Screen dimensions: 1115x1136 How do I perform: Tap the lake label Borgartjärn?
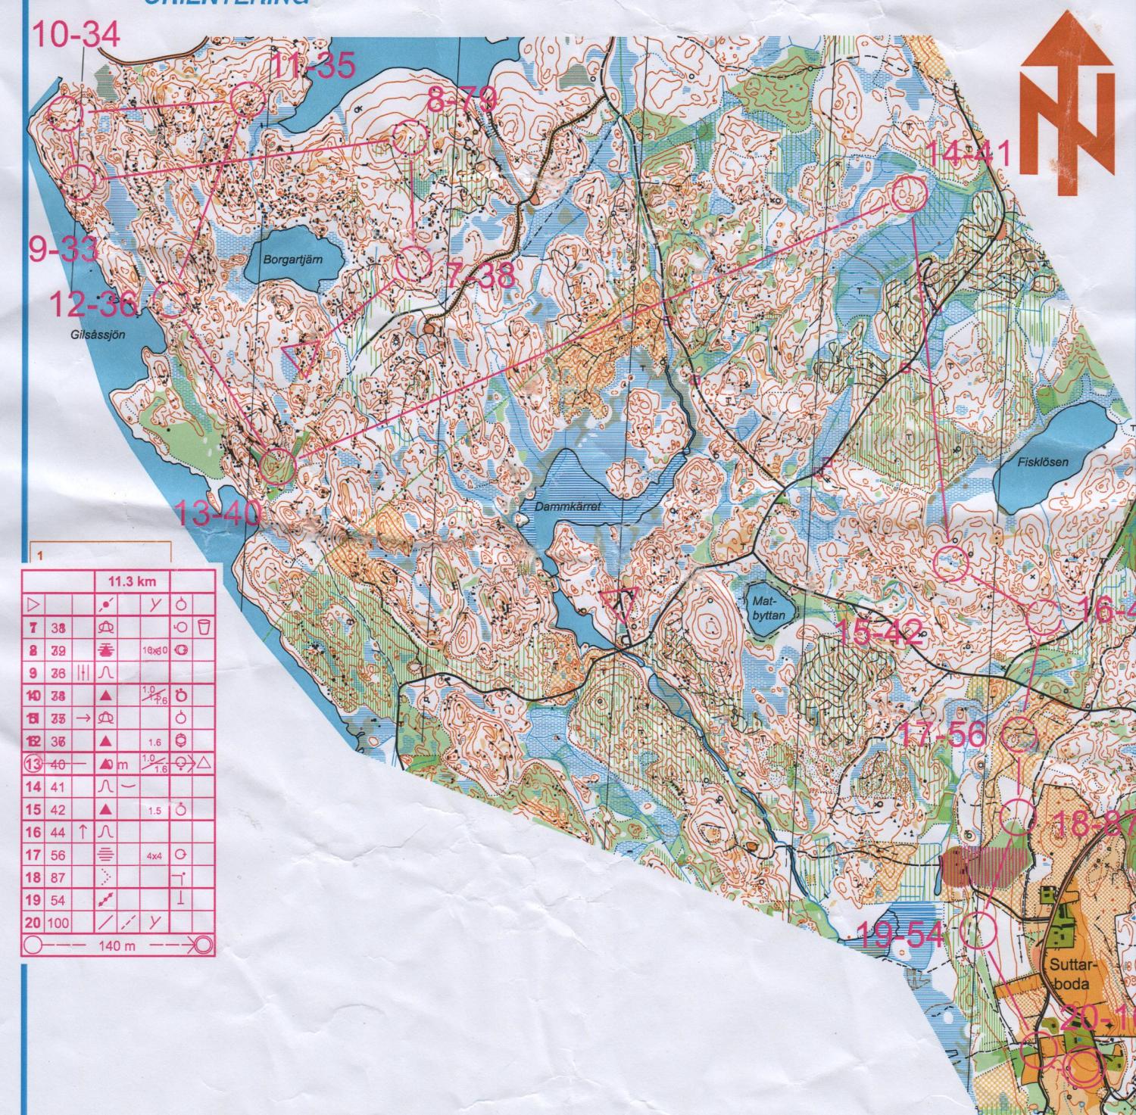(x=293, y=258)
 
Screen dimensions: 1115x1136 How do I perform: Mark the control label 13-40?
(x=217, y=514)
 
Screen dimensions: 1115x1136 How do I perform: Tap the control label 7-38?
(x=481, y=276)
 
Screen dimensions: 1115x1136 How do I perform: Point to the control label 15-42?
(x=882, y=631)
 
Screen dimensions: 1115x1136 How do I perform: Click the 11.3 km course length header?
(x=132, y=581)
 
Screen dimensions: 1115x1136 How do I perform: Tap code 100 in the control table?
(x=58, y=923)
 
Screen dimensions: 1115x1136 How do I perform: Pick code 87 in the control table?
(x=58, y=877)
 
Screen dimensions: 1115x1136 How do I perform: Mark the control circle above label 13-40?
(x=276, y=464)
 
